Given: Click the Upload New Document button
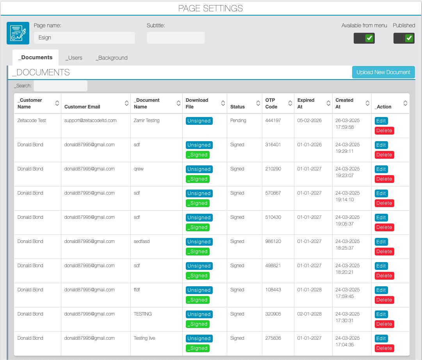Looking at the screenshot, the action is click(x=383, y=72).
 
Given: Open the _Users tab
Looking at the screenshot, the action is click(x=74, y=58).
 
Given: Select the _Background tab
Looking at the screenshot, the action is click(x=112, y=58).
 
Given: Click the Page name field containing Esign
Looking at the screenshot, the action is click(x=84, y=38).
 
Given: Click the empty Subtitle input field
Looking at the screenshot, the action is click(x=176, y=38).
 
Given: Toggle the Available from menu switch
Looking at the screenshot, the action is click(x=364, y=38).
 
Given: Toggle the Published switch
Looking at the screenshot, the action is click(x=404, y=38).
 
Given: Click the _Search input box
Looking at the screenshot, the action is click(x=61, y=86).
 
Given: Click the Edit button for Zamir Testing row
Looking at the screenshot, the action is click(x=381, y=121).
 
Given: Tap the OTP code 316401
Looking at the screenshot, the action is click(x=273, y=145).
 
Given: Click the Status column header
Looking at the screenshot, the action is click(x=237, y=107).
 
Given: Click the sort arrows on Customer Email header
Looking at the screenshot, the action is click(x=126, y=103).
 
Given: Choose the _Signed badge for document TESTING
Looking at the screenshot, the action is click(x=198, y=324).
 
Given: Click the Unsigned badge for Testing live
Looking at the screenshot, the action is click(x=199, y=339).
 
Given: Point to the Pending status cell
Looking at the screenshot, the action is click(x=238, y=121).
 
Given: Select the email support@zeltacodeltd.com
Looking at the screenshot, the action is click(x=91, y=121).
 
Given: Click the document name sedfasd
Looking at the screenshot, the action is click(x=142, y=241).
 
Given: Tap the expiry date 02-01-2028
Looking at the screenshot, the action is click(x=309, y=314).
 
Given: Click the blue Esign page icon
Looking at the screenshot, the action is click(x=18, y=33).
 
